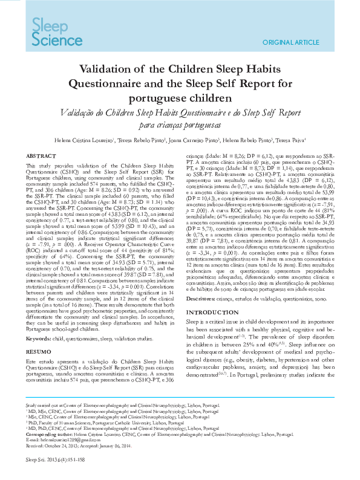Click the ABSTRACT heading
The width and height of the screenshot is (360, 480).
click(x=41, y=155)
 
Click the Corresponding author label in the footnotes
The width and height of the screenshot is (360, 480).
click(x=47, y=435)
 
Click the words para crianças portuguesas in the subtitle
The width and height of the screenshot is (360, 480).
click(x=180, y=125)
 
